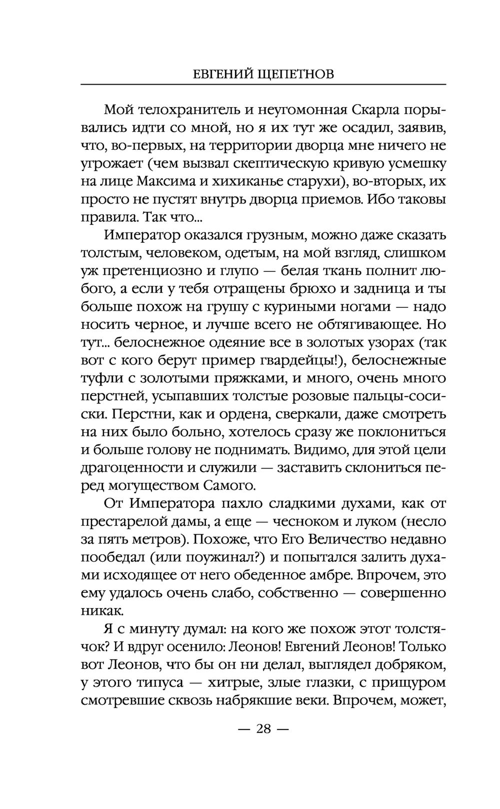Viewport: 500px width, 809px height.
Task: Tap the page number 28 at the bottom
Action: click(263, 728)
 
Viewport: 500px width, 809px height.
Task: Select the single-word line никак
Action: click(101, 611)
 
